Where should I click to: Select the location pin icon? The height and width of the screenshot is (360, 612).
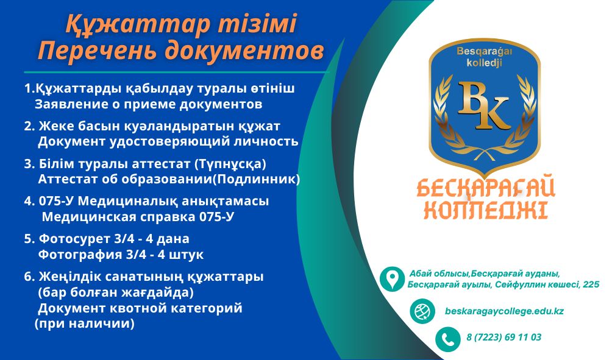pyautogui.click(x=392, y=279)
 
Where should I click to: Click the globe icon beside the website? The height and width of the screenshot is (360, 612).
pyautogui.click(x=422, y=311)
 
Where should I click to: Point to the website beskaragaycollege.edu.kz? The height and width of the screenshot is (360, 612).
pyautogui.click(x=504, y=311)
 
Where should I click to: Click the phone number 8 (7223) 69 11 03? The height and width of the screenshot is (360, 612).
pyautogui.click(x=504, y=337)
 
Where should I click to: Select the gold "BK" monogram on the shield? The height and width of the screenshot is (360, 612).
pyautogui.click(x=484, y=105)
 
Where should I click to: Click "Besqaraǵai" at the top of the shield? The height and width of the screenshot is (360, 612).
pyautogui.click(x=484, y=52)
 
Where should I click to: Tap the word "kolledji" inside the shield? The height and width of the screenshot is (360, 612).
pyautogui.click(x=484, y=62)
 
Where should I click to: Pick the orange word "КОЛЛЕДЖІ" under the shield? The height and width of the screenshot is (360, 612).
pyautogui.click(x=486, y=210)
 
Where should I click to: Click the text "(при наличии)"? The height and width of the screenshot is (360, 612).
pyautogui.click(x=85, y=323)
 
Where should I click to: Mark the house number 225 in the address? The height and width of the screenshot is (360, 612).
pyautogui.click(x=591, y=284)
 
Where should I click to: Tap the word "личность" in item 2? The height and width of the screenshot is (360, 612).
pyautogui.click(x=266, y=142)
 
